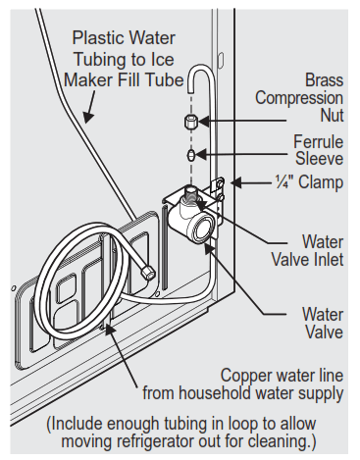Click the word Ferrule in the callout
[x=318, y=140]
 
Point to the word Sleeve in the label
[x=319, y=158]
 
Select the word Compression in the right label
[x=298, y=98]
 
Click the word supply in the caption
[x=322, y=395]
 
